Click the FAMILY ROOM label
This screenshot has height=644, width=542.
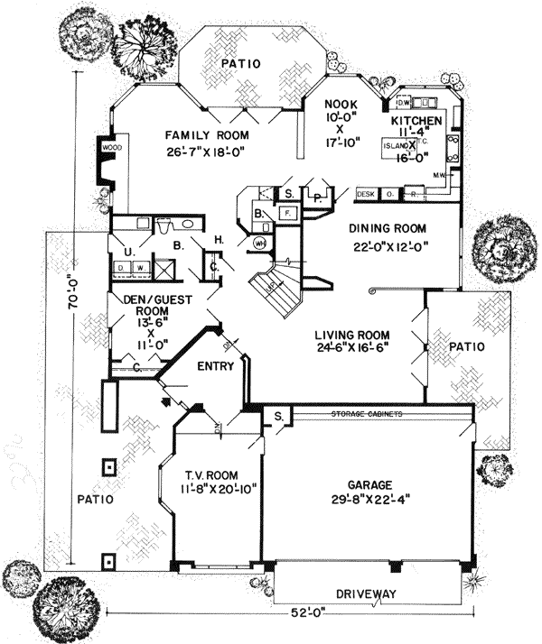pyautogui.click(x=207, y=135)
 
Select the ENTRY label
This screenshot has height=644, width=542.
pyautogui.click(x=215, y=366)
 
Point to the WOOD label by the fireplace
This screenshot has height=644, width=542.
pyautogui.click(x=111, y=146)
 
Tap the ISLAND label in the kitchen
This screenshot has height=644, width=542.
pyautogui.click(x=394, y=144)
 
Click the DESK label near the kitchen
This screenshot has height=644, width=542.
pyautogui.click(x=366, y=194)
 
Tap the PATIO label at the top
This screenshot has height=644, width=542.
pyautogui.click(x=241, y=63)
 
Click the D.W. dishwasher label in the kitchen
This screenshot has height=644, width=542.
pyautogui.click(x=404, y=100)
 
